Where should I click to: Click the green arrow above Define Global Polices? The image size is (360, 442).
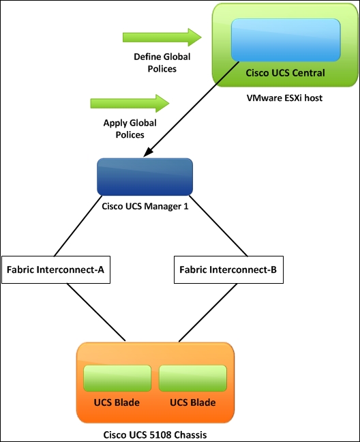click(162, 38)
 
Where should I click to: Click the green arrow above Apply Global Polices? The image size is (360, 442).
click(130, 104)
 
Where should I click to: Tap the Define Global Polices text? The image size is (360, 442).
click(162, 63)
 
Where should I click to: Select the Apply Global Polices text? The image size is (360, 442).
click(130, 128)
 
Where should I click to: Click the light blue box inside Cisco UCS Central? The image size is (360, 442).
click(286, 40)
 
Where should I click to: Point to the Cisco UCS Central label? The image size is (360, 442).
click(285, 73)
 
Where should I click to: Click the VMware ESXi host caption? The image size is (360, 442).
click(284, 98)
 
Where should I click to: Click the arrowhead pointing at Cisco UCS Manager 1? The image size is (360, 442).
click(148, 152)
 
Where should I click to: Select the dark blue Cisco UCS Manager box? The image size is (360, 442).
click(145, 177)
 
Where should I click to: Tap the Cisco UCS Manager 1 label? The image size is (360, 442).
click(145, 206)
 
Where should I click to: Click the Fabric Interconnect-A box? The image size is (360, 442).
click(56, 269)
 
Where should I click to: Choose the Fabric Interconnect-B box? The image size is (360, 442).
click(228, 269)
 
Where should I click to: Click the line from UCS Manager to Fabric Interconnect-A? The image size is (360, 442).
click(78, 226)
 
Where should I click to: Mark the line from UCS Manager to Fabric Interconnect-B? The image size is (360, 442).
click(219, 226)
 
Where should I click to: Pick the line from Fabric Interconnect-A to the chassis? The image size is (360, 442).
click(96, 312)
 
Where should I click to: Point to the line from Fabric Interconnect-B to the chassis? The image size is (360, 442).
click(208, 312)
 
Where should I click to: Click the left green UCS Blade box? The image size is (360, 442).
click(117, 379)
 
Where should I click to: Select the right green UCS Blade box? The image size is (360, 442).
click(193, 379)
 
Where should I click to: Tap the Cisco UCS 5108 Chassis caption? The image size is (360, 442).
click(155, 434)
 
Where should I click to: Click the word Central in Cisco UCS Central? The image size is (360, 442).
click(308, 73)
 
